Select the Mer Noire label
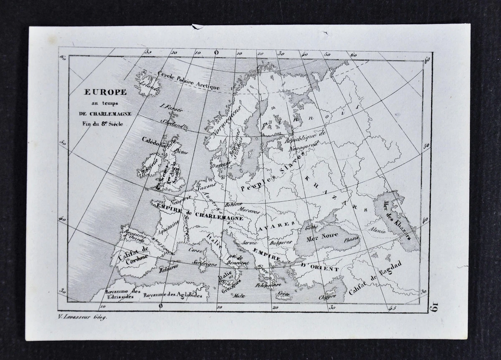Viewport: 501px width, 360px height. [322, 240]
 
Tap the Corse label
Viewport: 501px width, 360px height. [196, 252]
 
